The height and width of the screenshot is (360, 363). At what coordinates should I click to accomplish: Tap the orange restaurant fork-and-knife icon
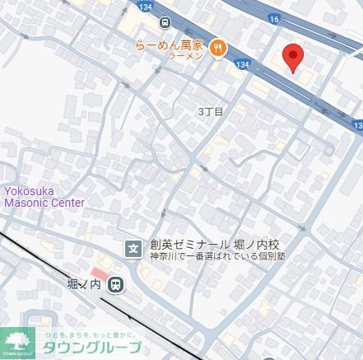pyautogui.click(x=218, y=48)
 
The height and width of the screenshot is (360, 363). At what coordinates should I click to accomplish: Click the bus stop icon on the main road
pyautogui.click(x=166, y=22)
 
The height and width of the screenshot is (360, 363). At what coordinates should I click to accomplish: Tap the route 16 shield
pyautogui.click(x=274, y=18)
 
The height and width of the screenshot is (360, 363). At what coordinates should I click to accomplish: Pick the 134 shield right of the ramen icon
pyautogui.click(x=241, y=63)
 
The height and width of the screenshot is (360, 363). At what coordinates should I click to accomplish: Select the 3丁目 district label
pyautogui.click(x=211, y=110)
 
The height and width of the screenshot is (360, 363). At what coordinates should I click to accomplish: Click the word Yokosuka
pyautogui.click(x=31, y=190)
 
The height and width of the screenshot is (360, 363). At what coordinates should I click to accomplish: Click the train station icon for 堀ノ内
pyautogui.click(x=116, y=284)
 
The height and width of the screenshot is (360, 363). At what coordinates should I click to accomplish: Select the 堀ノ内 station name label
pyautogui.click(x=83, y=285)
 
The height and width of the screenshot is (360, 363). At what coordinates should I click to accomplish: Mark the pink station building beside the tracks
pyautogui.click(x=100, y=273)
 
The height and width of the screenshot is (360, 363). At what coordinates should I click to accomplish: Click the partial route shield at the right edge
pyautogui.click(x=357, y=125)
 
